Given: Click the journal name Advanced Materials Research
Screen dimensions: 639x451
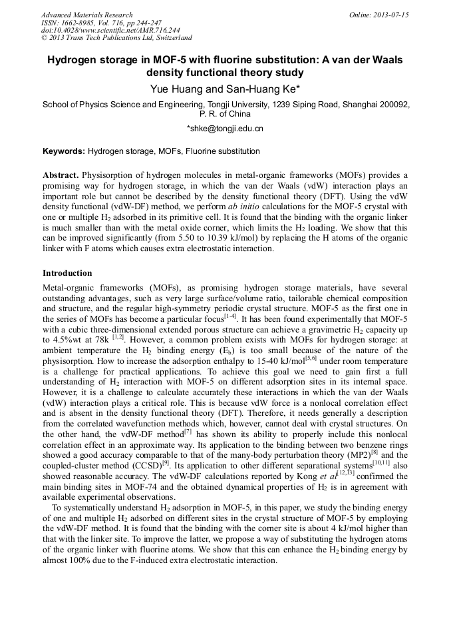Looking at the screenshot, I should [86, 15].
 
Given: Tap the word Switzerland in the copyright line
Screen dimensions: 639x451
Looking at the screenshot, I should [169, 39].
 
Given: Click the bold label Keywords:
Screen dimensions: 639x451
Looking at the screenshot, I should [64, 152].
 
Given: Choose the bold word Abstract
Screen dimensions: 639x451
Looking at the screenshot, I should [61, 175].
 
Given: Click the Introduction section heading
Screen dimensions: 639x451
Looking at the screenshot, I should [67, 273].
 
